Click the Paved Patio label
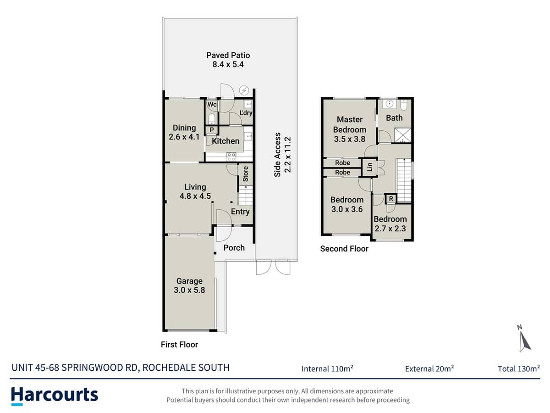[x=228, y=60]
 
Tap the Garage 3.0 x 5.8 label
[x=189, y=285]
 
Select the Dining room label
[x=184, y=132]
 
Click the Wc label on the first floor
[x=212, y=105]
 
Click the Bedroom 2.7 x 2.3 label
[x=390, y=223]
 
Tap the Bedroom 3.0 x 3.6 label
[x=347, y=204]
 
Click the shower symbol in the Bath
[x=403, y=134]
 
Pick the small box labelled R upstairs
[x=390, y=199]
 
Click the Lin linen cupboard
[x=369, y=167]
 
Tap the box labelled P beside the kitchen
[x=211, y=130]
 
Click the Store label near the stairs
[x=245, y=173]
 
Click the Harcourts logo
[x=55, y=395]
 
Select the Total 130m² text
[x=518, y=368]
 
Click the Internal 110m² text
[x=327, y=368]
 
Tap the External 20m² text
[x=429, y=368]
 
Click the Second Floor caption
[x=344, y=249]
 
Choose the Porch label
[x=234, y=248]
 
